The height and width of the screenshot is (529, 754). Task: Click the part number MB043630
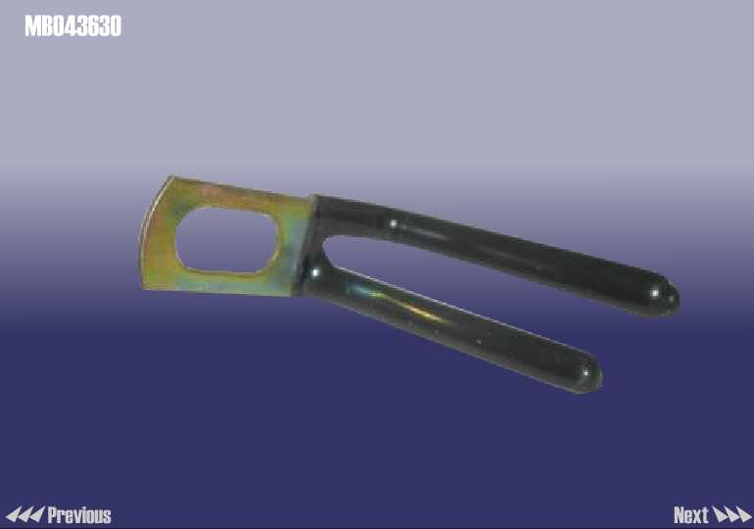click(73, 26)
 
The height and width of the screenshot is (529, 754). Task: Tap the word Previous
click(79, 515)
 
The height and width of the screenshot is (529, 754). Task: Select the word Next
click(691, 515)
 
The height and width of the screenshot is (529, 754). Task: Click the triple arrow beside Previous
click(25, 514)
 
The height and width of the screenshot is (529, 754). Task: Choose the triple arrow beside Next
click(731, 514)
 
